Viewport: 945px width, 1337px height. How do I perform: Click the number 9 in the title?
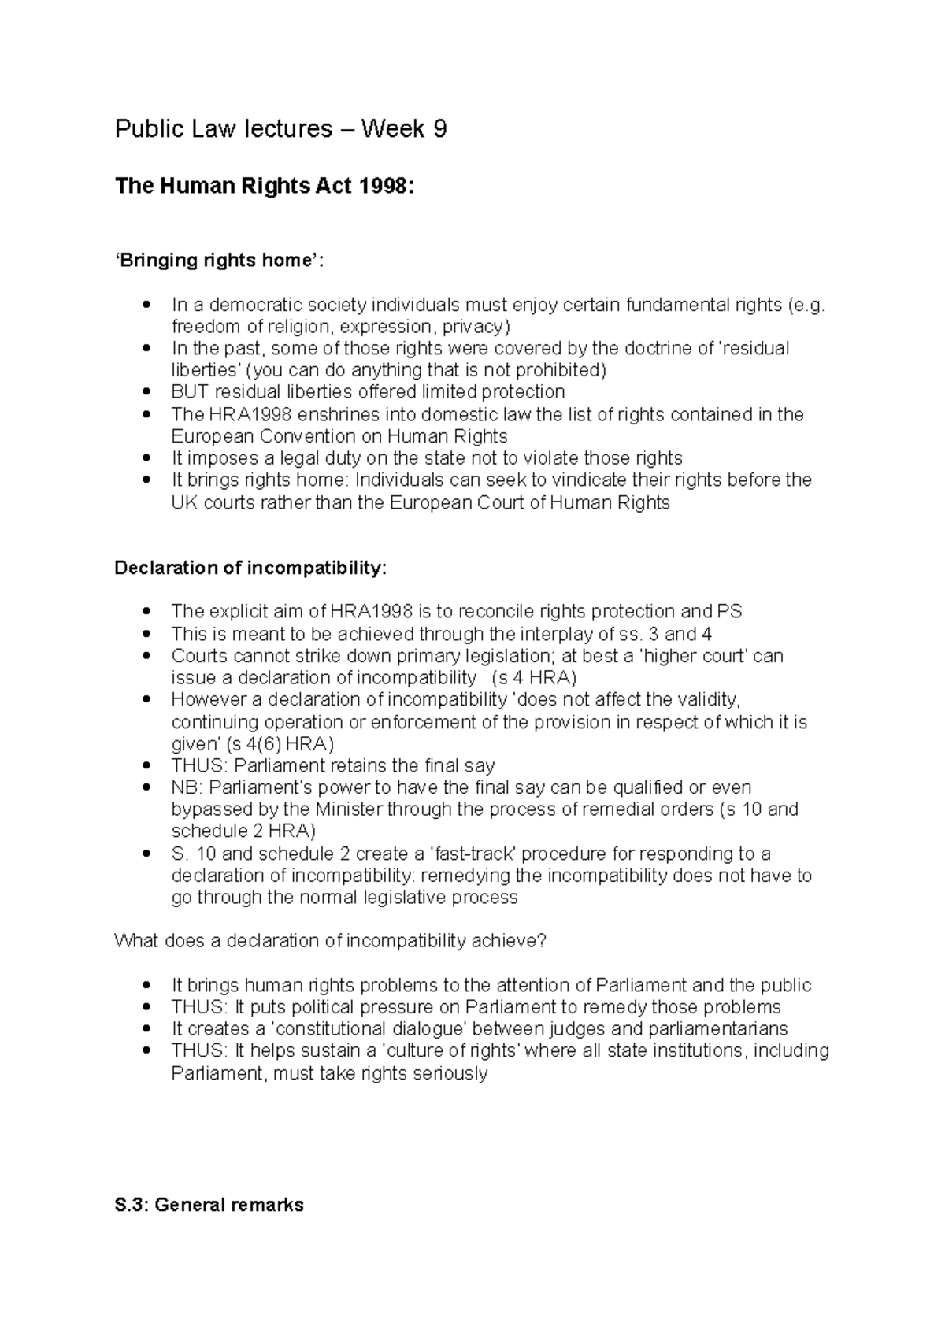click(x=439, y=129)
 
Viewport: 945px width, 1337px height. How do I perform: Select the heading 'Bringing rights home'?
click(x=219, y=261)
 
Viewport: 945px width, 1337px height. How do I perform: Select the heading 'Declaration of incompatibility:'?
click(x=250, y=568)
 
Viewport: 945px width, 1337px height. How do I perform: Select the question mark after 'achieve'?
click(x=541, y=941)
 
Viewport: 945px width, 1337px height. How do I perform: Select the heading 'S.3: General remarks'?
click(x=209, y=1205)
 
